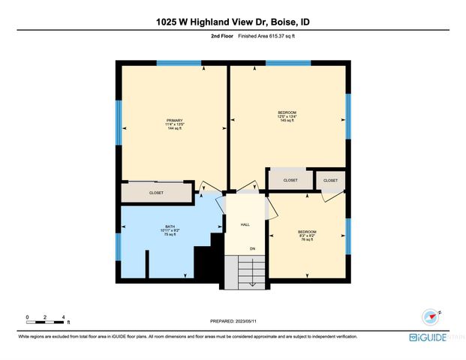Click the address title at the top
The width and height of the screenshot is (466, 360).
coord(233,22)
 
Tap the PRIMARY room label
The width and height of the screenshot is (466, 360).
coord(175,124)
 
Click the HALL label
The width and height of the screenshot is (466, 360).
coord(245,223)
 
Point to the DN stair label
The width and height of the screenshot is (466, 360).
coord(252,247)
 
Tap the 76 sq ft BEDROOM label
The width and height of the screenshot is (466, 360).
coord(307,235)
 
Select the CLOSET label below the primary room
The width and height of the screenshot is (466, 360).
coord(156,193)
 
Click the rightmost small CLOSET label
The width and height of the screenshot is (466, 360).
coord(331,180)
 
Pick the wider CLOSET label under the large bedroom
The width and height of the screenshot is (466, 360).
coord(290,180)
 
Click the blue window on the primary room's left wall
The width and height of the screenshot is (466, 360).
coord(119,122)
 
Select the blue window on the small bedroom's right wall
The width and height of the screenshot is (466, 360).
coord(347,235)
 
